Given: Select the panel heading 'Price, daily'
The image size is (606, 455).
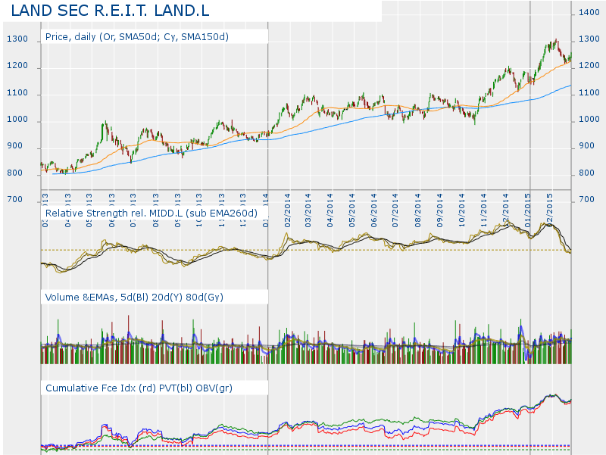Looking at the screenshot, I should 136,36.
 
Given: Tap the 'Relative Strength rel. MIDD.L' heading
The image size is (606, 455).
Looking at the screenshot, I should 151,213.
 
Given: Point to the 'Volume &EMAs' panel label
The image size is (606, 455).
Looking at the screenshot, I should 134,297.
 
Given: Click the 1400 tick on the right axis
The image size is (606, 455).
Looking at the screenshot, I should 589,13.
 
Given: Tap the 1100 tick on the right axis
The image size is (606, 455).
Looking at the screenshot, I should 589,94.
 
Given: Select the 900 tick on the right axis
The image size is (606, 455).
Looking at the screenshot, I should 589,147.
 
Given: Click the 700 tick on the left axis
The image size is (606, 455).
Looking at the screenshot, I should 15,201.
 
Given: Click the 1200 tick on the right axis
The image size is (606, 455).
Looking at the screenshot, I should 589,67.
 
